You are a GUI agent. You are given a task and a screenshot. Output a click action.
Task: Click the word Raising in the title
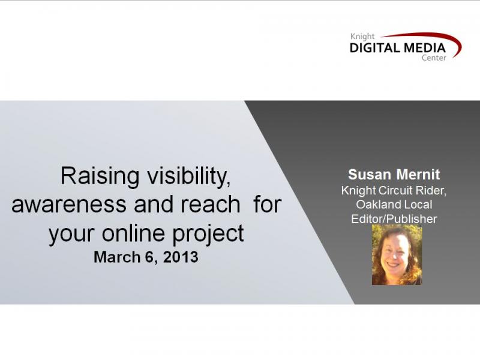100,177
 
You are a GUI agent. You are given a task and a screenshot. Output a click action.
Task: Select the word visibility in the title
189,177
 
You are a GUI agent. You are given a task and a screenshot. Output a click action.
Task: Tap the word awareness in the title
69,205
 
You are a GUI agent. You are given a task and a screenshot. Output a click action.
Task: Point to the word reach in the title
210,204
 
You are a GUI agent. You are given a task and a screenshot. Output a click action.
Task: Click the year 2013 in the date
181,257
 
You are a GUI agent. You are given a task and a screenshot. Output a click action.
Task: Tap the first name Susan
369,175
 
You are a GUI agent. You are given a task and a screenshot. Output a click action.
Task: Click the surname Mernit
418,175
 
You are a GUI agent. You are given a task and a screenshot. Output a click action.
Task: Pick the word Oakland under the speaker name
379,205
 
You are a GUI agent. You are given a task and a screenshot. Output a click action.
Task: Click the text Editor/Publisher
394,219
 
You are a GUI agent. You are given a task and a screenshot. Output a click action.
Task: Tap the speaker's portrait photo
397,255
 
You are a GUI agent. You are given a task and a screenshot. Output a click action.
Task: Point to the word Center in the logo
434,58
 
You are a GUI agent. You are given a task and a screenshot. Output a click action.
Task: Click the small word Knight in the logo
362,37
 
